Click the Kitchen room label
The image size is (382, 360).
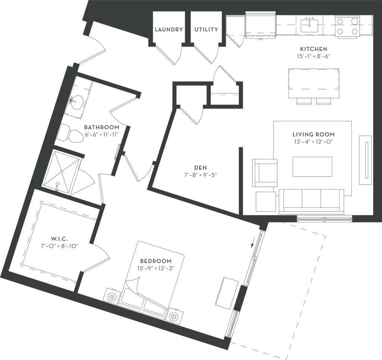pos(314,53)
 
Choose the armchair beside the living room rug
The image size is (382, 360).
pos(265,172)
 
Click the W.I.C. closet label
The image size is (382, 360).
pos(59,241)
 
